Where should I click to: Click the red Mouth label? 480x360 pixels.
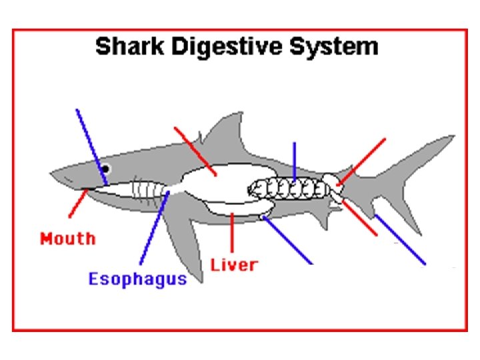coord(67,238)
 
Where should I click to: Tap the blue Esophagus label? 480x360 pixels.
coord(137,279)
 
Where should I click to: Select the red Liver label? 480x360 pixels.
coord(233,265)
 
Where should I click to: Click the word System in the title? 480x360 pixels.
coord(339,47)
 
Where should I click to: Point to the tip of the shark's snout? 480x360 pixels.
coord(53,175)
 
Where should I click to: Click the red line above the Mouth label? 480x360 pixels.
coord(77,203)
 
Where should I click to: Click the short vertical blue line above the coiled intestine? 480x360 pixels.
coord(294,160)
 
